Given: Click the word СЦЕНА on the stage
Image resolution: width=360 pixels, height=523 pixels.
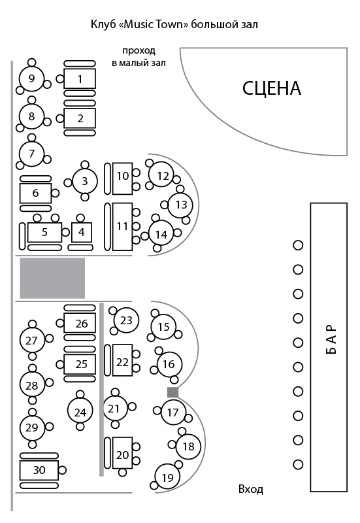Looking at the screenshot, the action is (271, 89).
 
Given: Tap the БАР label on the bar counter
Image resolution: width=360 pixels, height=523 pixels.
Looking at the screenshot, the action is (330, 339).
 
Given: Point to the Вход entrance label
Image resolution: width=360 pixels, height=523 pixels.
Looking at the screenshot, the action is (251, 489).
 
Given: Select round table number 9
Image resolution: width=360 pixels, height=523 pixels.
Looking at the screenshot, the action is (31, 78).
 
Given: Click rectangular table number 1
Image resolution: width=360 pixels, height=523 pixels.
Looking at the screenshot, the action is (80, 78).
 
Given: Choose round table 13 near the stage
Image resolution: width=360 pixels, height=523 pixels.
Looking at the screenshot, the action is (181, 205).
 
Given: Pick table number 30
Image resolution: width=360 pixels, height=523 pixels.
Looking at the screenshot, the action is (39, 470).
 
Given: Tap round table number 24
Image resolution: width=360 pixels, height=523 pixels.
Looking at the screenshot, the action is (80, 413).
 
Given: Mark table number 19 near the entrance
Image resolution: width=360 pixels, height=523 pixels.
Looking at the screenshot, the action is (167, 477).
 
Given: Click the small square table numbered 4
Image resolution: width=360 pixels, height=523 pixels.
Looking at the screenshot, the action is (81, 232).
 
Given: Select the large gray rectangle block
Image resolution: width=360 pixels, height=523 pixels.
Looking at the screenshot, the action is (52, 278).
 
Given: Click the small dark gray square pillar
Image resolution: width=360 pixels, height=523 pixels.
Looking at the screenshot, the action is (172, 392).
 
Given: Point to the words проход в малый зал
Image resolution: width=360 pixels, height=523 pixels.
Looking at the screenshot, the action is (139, 57).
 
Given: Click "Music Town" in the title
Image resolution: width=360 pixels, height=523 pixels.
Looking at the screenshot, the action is (154, 24).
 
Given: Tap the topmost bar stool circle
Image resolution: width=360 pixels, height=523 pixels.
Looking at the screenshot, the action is (298, 245).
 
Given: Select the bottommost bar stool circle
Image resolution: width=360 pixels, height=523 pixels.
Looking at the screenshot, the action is (298, 464).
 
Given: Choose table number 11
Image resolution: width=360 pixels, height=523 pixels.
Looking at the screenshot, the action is (122, 226).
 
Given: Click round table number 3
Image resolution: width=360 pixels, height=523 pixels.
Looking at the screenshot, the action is (85, 181).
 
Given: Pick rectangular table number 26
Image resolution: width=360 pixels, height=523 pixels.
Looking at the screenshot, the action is (80, 323).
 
